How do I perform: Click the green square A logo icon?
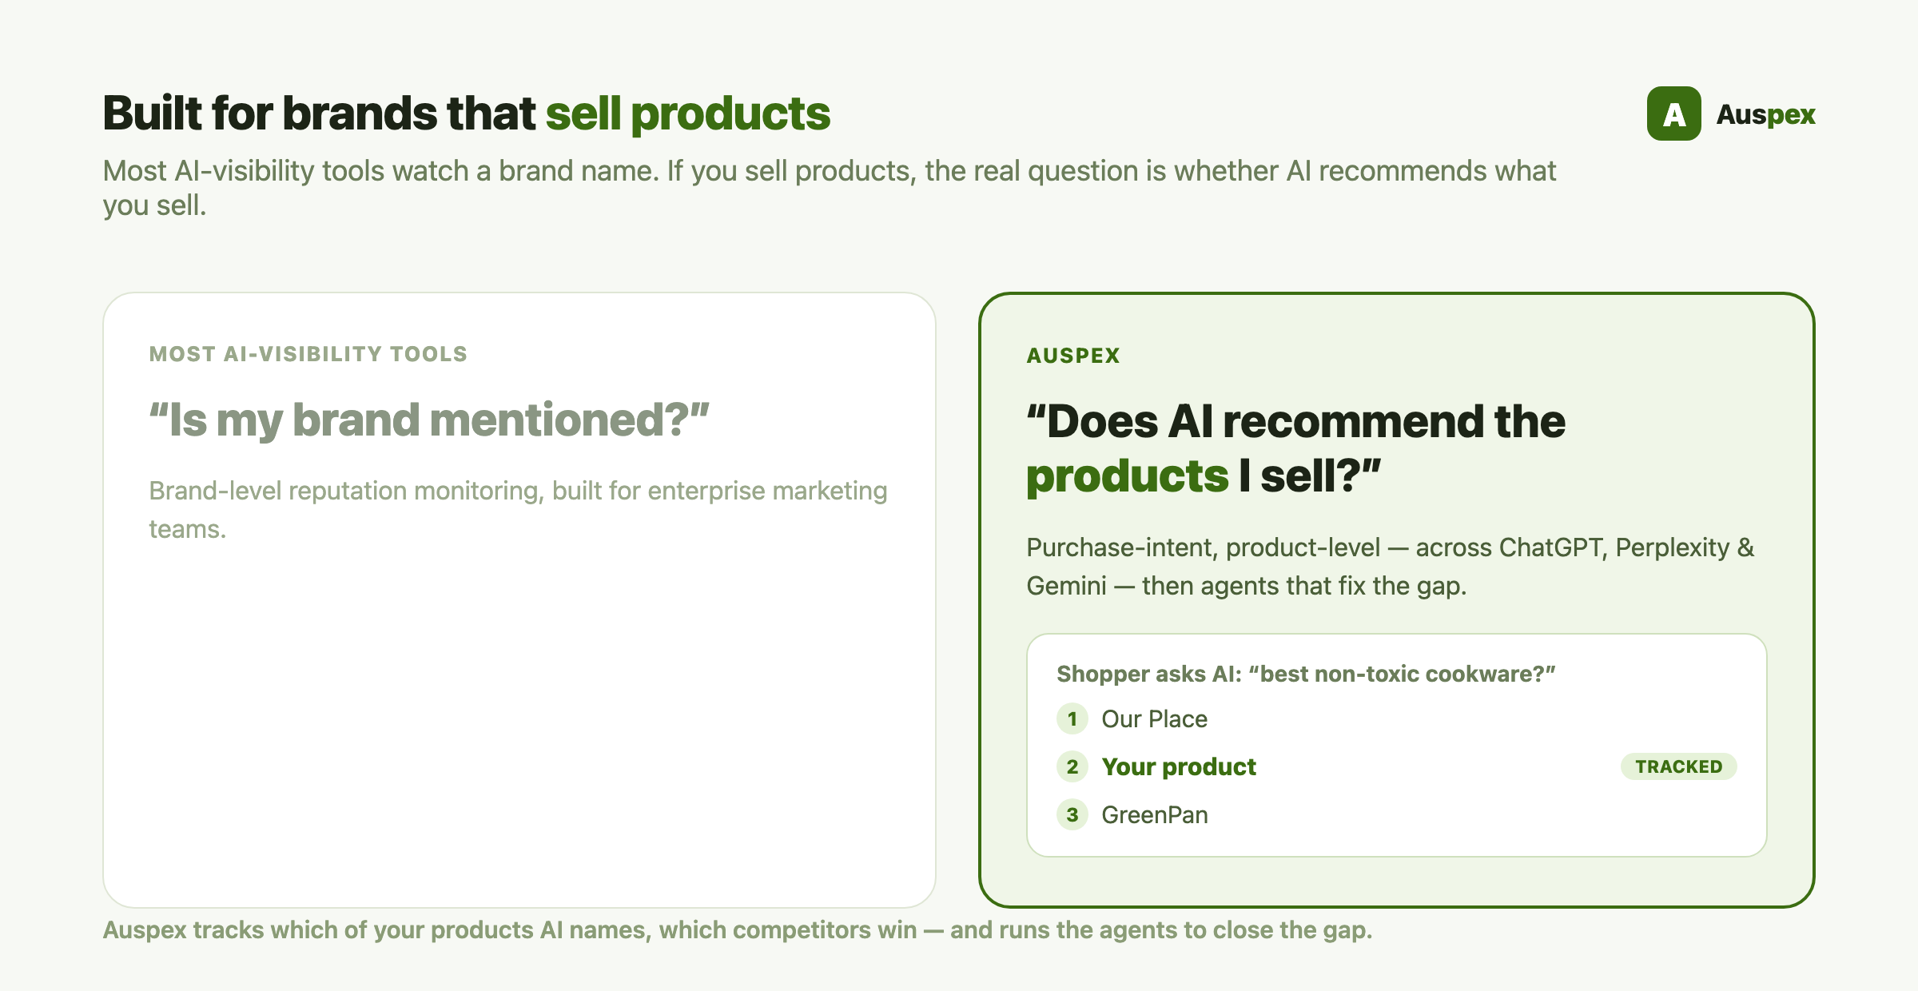click(1673, 113)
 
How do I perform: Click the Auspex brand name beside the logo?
click(1766, 115)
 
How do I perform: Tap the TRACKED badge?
click(1678, 766)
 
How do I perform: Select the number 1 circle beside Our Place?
click(1072, 718)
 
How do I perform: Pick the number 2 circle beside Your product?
click(1072, 766)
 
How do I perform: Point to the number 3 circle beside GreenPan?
click(1072, 814)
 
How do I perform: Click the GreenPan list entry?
click(1155, 814)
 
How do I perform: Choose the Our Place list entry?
click(1155, 718)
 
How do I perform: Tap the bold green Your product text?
click(1179, 766)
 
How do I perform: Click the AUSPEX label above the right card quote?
click(1073, 356)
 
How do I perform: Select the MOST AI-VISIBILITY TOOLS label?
click(308, 354)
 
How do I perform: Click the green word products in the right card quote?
click(1128, 476)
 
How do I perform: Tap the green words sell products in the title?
click(688, 113)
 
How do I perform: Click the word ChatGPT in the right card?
click(1551, 547)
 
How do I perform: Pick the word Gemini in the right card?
click(1067, 586)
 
